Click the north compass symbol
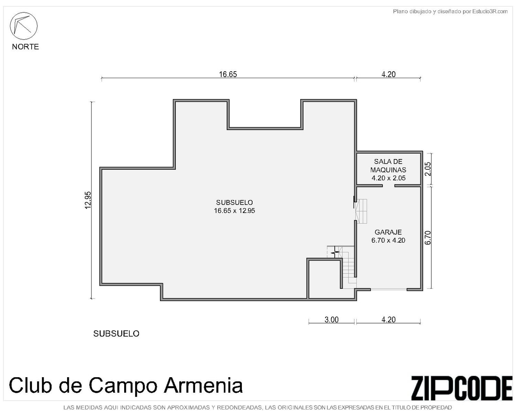23,26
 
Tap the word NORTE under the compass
25,47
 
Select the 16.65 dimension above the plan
228,74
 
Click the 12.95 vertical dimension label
88,200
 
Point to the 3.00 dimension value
331,320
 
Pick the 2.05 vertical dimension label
428,169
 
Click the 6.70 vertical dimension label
428,237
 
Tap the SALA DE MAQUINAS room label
388,166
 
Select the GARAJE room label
388,232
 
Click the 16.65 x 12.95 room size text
234,211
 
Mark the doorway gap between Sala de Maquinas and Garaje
388,186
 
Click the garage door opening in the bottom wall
388,290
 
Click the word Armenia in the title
203,385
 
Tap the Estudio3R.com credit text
490,11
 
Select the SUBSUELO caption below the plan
116,333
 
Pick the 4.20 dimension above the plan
388,74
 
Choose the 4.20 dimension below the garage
388,320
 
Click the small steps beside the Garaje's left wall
361,211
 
